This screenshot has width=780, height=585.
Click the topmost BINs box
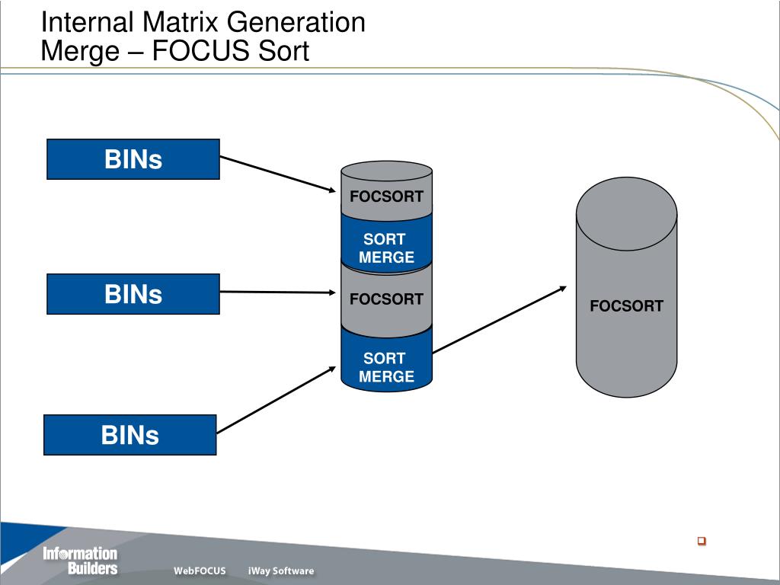(x=133, y=159)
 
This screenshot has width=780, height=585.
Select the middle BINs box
(x=133, y=294)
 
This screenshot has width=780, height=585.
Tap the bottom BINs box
(x=130, y=435)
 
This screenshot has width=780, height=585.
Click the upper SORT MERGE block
(x=386, y=248)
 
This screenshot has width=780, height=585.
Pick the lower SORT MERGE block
(x=386, y=367)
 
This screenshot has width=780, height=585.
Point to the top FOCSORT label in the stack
(x=386, y=197)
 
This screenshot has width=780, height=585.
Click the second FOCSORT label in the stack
(x=386, y=299)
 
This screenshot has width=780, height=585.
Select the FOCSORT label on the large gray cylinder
(x=626, y=306)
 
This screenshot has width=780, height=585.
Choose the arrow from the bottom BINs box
(x=276, y=400)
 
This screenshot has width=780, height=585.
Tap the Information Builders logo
(x=80, y=561)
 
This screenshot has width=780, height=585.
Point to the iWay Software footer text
(x=280, y=571)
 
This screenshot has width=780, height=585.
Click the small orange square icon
(x=702, y=541)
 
